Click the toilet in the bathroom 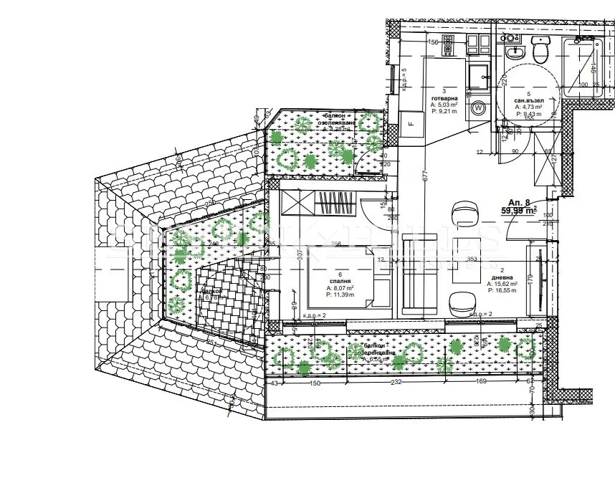point(540,49)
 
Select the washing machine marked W point(478,108)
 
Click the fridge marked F point(411,123)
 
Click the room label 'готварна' point(444,98)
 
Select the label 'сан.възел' point(529,100)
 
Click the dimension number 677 point(425,174)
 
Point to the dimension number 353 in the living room point(472,259)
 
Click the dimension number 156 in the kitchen point(433,42)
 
